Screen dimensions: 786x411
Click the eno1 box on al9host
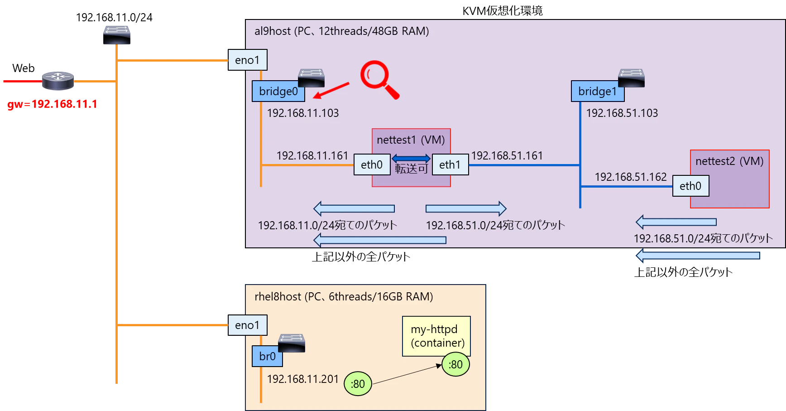(x=247, y=60)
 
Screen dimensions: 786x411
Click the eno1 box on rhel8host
(x=247, y=325)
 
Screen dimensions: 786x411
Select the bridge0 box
(x=278, y=91)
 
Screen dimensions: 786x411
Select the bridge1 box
(x=598, y=91)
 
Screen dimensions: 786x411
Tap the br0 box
(x=267, y=356)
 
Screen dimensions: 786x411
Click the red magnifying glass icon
(x=379, y=79)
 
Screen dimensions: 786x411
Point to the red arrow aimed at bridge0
(x=331, y=90)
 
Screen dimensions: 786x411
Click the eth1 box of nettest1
(x=450, y=164)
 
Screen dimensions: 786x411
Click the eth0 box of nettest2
(x=690, y=186)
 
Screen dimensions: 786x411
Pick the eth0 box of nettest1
(x=372, y=164)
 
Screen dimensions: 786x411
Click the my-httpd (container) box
(x=436, y=336)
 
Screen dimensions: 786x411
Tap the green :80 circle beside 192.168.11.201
(x=358, y=384)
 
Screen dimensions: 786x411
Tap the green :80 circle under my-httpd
(x=455, y=364)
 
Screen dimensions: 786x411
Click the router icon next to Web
(x=58, y=81)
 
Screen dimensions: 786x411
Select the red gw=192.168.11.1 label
(x=52, y=104)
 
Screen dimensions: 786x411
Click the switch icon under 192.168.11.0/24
(x=117, y=35)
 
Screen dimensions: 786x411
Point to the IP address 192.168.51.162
(x=631, y=177)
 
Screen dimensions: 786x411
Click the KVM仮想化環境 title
(x=503, y=10)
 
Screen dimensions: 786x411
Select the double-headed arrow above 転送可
(x=411, y=158)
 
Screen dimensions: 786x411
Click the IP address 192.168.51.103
(x=622, y=113)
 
